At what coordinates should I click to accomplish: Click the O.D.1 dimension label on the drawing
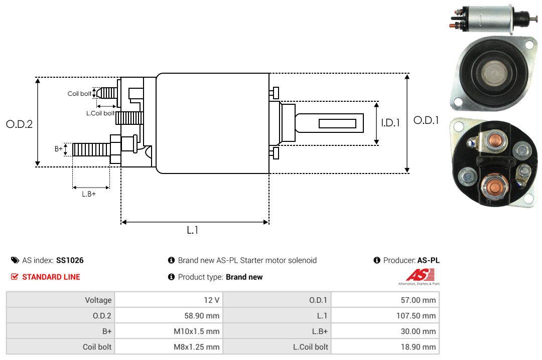click(x=426, y=120)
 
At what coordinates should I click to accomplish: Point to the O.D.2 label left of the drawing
click(x=19, y=124)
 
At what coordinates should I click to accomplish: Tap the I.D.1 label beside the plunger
click(x=390, y=122)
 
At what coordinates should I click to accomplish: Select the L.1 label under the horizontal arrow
click(x=193, y=230)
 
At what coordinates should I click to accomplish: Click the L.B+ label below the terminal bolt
click(x=89, y=194)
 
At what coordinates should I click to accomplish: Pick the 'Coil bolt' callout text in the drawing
click(x=79, y=94)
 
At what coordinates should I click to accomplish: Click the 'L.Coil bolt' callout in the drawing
click(x=100, y=113)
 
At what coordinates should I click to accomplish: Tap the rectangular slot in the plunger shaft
click(x=337, y=124)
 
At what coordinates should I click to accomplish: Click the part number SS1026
click(x=70, y=260)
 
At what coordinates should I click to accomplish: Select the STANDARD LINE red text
click(x=51, y=277)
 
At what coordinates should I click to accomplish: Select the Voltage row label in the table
click(x=98, y=300)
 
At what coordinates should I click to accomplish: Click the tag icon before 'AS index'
click(x=15, y=260)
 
